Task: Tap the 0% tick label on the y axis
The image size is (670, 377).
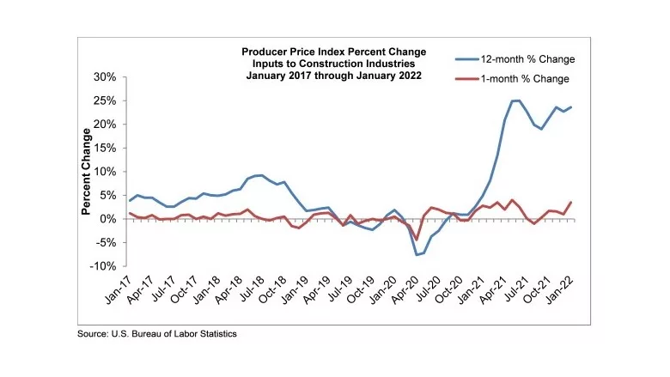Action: tap(107, 220)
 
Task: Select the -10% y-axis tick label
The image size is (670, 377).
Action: tap(100, 267)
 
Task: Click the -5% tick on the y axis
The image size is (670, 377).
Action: tap(103, 243)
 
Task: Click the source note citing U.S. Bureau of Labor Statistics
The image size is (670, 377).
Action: tap(157, 333)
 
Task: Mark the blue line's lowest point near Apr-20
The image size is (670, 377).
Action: tap(417, 254)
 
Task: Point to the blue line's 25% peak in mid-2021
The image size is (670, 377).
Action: tap(515, 100)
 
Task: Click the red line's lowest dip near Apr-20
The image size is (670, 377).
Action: tap(417, 240)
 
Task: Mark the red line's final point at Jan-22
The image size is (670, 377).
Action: tap(571, 203)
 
